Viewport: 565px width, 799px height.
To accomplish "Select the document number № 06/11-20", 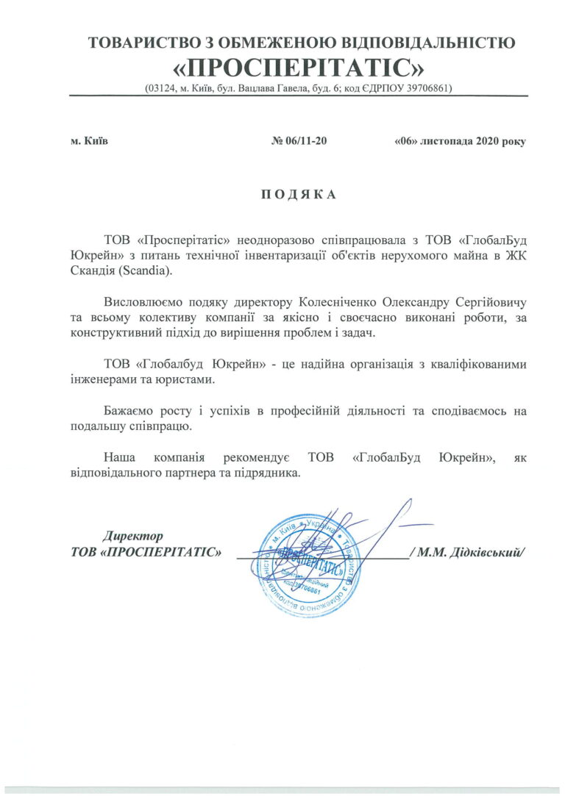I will [299, 140].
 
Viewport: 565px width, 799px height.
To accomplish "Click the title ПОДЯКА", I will [298, 195].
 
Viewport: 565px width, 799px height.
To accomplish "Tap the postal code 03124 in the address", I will [163, 88].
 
